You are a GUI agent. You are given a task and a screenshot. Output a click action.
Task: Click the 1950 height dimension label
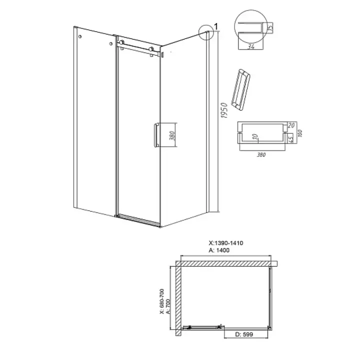click(224, 110)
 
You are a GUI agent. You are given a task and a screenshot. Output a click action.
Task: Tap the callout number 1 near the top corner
click(216, 27)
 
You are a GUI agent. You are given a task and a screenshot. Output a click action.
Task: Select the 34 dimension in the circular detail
click(250, 46)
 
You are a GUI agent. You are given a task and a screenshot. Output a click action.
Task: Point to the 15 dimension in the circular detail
click(270, 28)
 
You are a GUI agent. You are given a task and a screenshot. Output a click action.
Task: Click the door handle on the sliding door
click(156, 135)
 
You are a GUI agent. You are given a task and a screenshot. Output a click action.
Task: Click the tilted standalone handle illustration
click(240, 90)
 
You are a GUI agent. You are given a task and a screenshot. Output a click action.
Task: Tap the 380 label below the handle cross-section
click(261, 154)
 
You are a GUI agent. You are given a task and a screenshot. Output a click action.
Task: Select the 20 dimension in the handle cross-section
click(291, 125)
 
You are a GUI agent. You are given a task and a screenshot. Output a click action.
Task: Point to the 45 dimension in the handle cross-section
click(290, 138)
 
